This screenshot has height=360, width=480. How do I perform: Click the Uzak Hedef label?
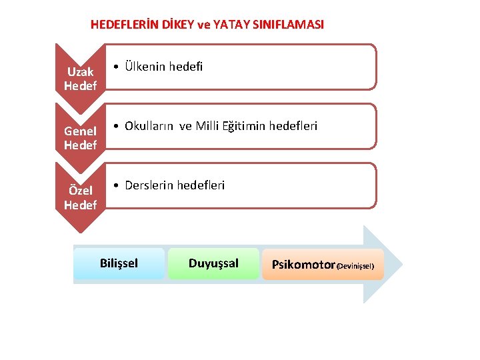80,79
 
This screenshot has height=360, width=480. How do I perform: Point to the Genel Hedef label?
80,138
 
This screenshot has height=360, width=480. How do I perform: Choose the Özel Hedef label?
80,198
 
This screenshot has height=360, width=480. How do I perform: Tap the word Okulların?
150,126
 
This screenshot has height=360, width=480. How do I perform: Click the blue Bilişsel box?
119,263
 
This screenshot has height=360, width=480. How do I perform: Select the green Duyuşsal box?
213,263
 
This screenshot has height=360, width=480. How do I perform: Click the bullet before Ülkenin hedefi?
116,67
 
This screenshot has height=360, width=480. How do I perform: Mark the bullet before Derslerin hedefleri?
116,185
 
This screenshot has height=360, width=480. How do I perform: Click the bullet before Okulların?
116,126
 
